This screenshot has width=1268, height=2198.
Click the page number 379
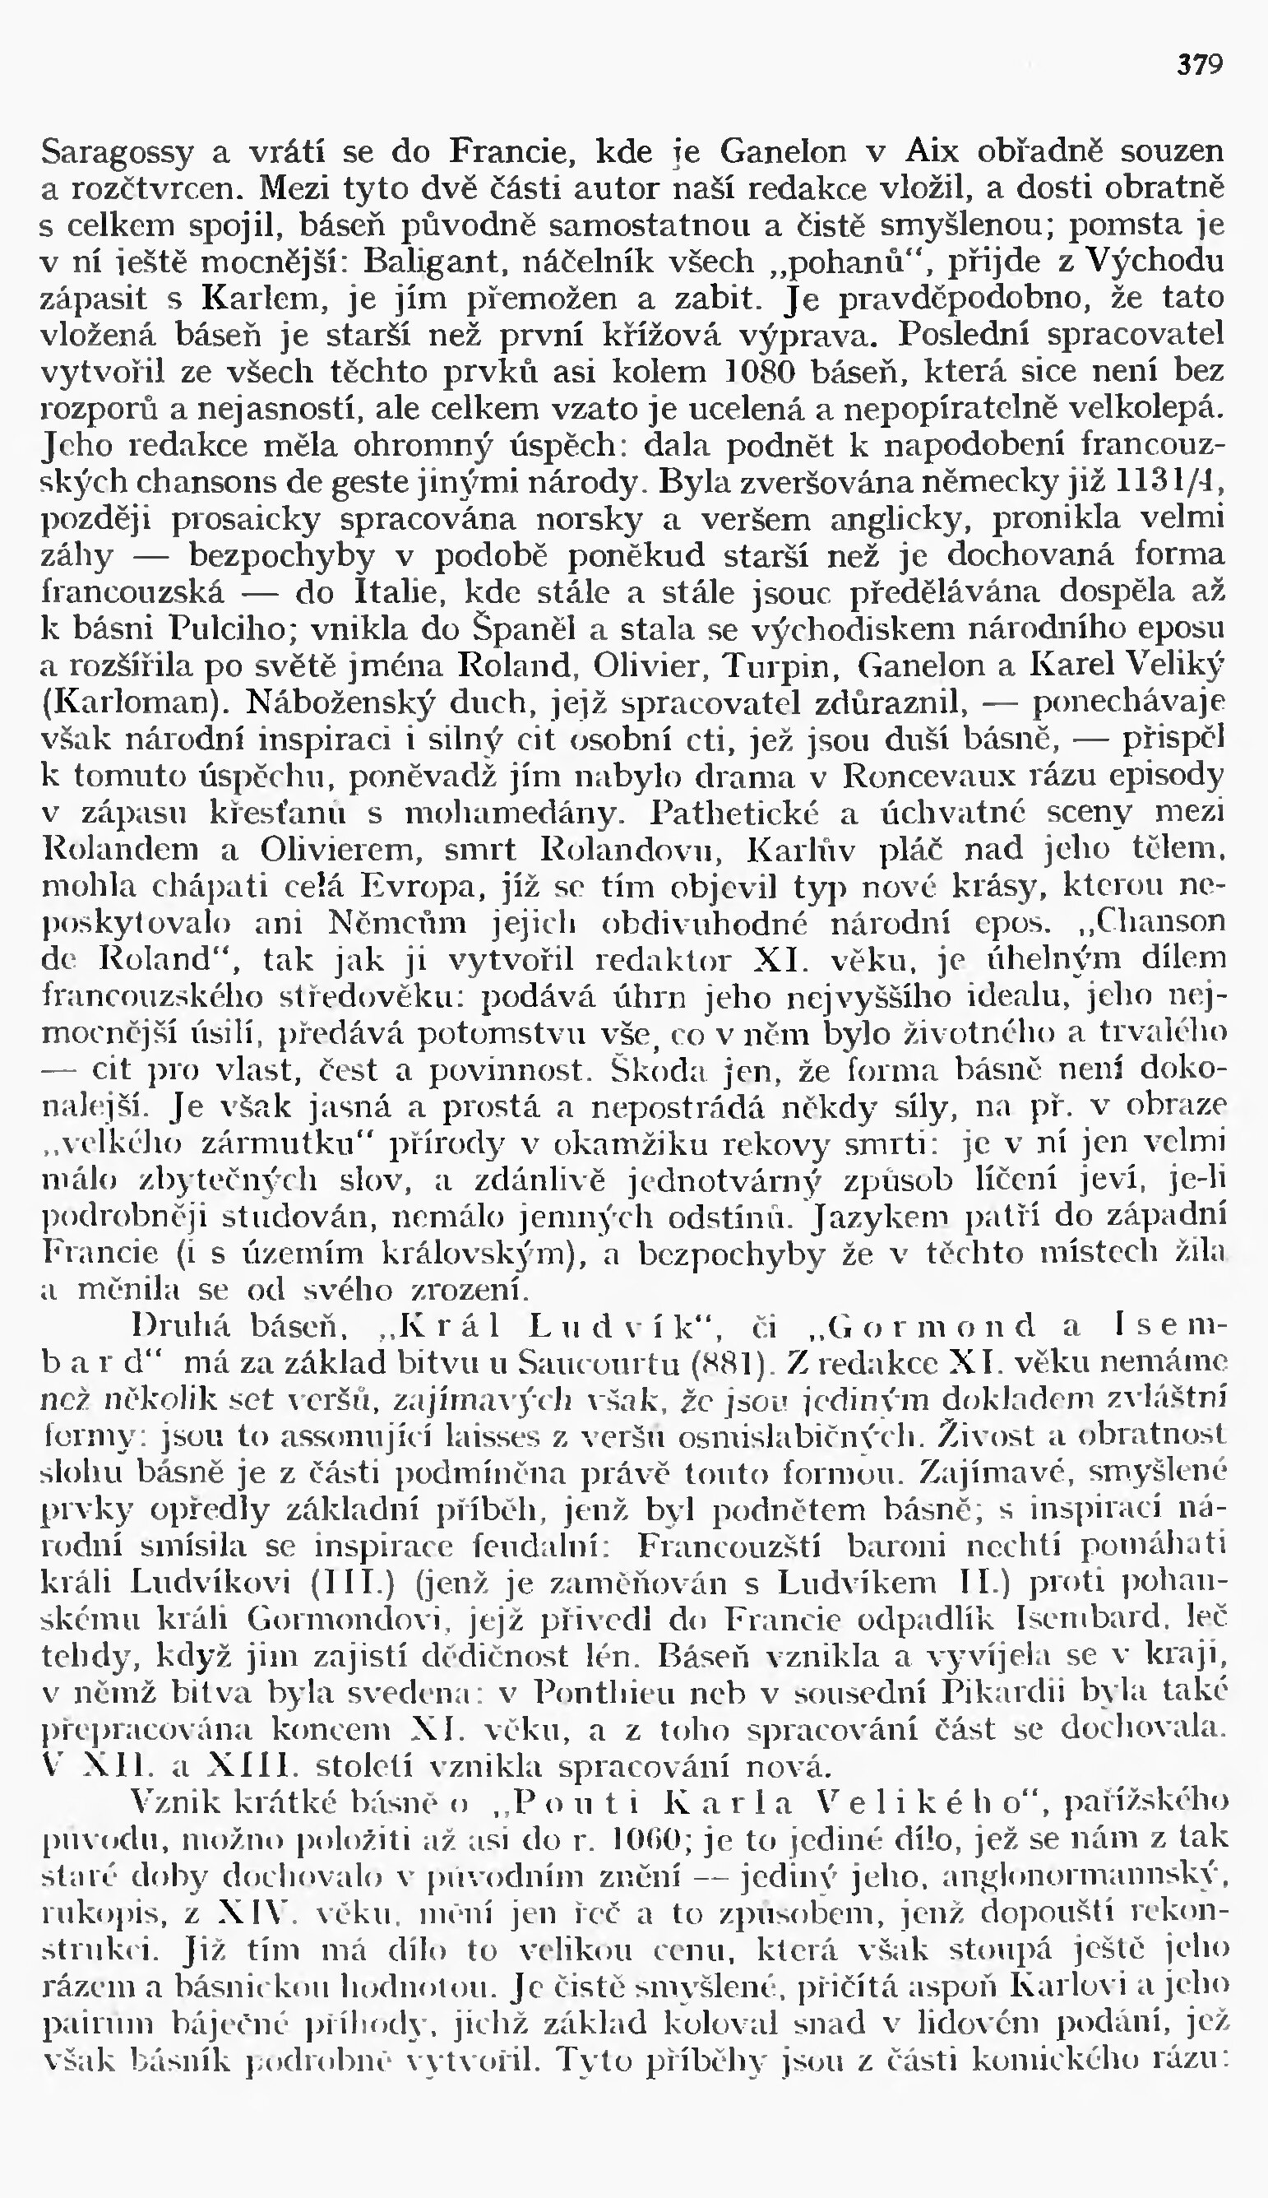(1200, 65)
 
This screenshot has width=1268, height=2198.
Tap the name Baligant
(414, 262)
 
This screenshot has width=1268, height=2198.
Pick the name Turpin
(787, 665)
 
